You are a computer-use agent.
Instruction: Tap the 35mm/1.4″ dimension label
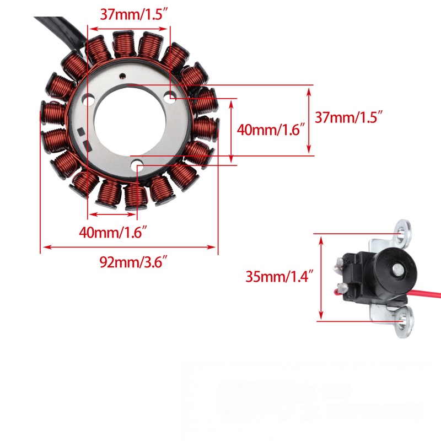click(x=279, y=276)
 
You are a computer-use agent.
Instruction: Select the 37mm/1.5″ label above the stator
click(x=135, y=14)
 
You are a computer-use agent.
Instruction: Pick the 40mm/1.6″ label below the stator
click(x=113, y=232)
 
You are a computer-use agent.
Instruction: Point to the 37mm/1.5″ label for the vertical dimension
click(x=349, y=117)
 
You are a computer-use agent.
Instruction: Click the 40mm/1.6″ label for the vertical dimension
click(x=271, y=130)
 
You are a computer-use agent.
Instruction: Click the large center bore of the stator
click(x=130, y=121)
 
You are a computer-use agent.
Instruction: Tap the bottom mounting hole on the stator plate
click(x=137, y=165)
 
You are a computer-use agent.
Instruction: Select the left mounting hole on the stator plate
click(x=88, y=100)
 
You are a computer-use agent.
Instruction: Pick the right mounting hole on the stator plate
click(x=170, y=97)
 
